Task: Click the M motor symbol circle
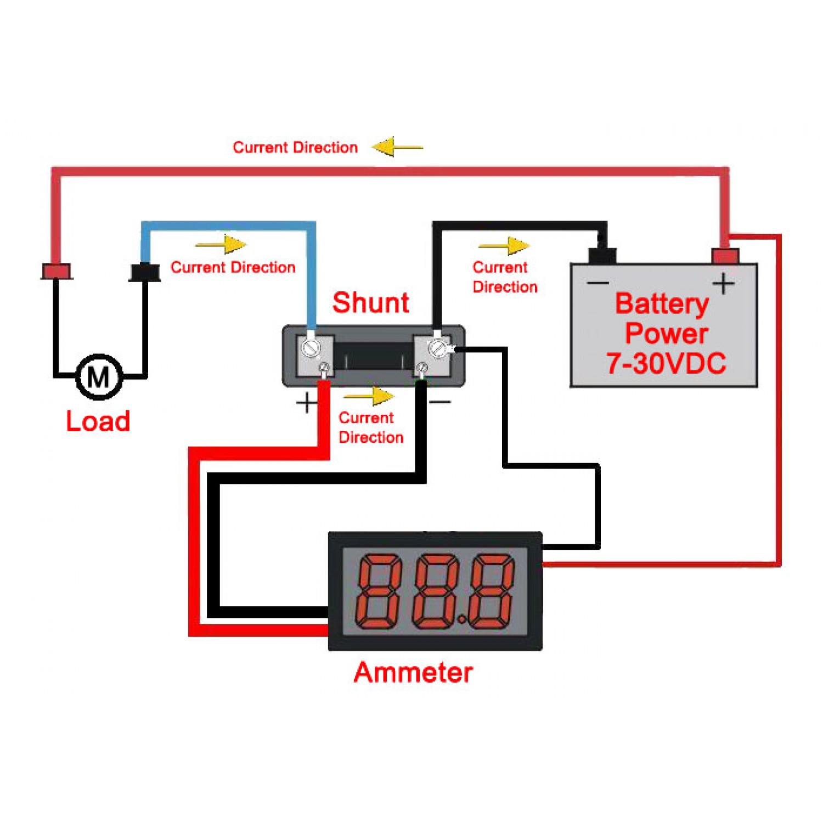tap(99, 377)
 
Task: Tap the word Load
tap(98, 421)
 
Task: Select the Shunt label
tap(371, 303)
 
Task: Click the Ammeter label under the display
tap(413, 673)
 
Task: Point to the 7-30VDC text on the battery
tap(666, 363)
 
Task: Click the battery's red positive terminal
tap(725, 256)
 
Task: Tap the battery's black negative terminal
tap(602, 255)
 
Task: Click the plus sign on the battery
tap(723, 284)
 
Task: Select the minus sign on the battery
tap(598, 283)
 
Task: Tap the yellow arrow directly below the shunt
tap(369, 396)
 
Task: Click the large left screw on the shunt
tap(311, 348)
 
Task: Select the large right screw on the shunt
tap(438, 348)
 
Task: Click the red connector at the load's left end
tap(57, 271)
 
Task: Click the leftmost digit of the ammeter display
tap(379, 591)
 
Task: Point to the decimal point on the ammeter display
tap(462, 620)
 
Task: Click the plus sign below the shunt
tap(306, 403)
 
